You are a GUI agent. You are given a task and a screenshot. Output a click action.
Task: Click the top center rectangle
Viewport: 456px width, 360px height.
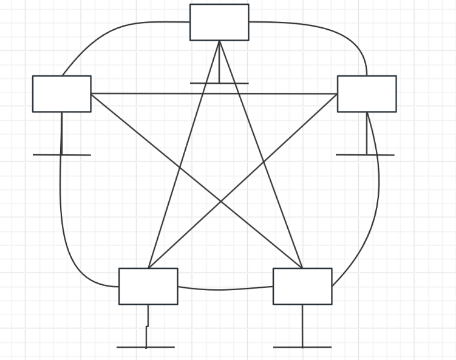(x=219, y=22)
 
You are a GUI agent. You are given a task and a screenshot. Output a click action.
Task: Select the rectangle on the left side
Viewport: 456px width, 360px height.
(x=61, y=93)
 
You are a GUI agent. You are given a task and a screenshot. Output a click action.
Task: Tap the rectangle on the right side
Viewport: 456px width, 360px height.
(x=367, y=93)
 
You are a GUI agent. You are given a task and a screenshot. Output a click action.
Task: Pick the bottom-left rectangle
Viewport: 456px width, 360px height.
(x=148, y=286)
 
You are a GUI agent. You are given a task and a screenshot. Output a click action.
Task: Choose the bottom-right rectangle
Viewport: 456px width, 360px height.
(x=302, y=286)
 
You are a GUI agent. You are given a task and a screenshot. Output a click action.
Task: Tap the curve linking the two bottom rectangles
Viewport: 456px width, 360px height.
(x=225, y=290)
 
